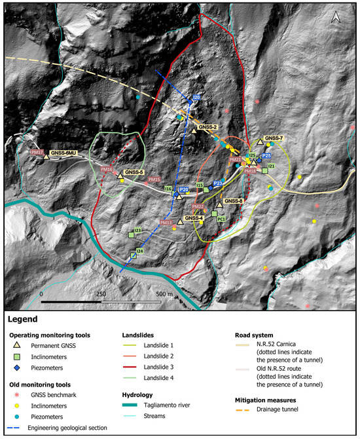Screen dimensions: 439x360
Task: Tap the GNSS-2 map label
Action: (x=207, y=126)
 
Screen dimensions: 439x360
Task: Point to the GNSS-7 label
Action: (x=274, y=139)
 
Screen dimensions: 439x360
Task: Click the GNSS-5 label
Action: (x=134, y=173)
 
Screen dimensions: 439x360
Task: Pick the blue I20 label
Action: (x=196, y=98)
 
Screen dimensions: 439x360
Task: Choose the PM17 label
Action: (x=37, y=153)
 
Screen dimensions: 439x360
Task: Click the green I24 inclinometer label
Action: (x=139, y=251)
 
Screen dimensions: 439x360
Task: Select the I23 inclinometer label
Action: (x=137, y=231)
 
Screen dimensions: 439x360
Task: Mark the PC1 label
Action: (x=222, y=220)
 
